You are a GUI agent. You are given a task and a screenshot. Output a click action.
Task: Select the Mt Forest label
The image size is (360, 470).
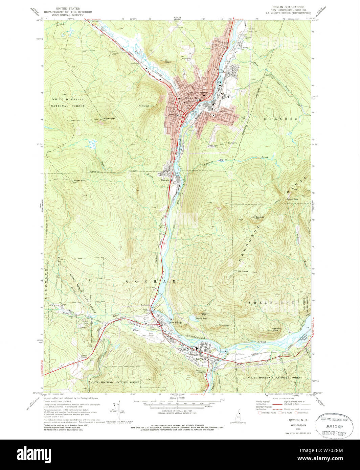(143, 106)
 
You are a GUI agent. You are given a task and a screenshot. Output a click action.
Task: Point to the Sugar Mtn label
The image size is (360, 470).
(79, 181)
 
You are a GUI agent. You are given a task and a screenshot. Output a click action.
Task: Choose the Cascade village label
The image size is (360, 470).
(165, 180)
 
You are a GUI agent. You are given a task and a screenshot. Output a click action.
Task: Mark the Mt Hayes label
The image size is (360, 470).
(243, 271)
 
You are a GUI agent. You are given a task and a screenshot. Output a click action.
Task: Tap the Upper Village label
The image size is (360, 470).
(175, 322)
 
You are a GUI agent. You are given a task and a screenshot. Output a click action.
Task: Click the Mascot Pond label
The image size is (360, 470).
(202, 318)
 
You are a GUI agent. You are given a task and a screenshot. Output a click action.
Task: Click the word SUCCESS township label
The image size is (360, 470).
(281, 119)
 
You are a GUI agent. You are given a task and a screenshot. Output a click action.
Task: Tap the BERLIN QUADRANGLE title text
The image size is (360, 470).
(288, 7)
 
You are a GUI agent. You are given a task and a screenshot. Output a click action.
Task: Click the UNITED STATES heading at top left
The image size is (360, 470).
(68, 8)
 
